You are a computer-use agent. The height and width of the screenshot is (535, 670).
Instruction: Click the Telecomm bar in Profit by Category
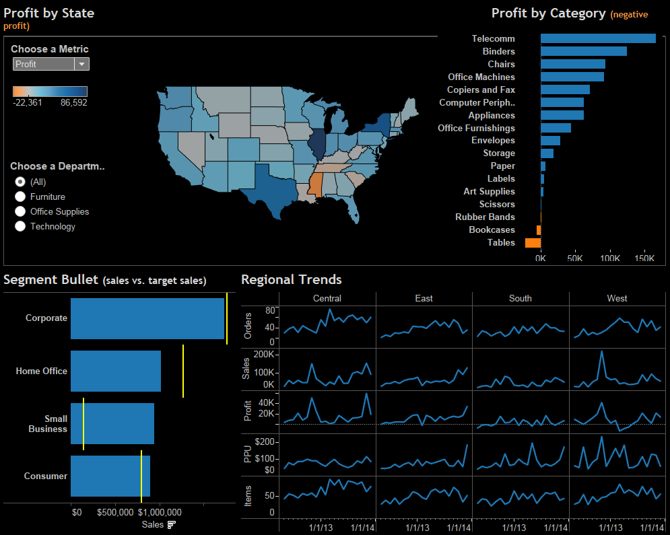(597, 38)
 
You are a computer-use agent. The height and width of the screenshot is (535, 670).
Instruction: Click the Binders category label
(498, 51)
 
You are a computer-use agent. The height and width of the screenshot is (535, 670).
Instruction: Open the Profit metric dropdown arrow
(81, 64)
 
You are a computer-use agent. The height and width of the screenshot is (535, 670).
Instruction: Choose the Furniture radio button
(20, 197)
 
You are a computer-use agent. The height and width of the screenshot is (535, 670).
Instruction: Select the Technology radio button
(20, 226)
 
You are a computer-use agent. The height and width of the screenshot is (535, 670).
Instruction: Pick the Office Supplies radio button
(20, 211)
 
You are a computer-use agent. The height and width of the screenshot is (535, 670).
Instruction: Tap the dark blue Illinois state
(316, 141)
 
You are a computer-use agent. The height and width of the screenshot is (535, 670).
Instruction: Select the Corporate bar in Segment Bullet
(147, 318)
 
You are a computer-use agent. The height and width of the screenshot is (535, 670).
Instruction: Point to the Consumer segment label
(46, 476)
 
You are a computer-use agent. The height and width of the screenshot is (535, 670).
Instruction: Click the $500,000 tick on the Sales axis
(115, 512)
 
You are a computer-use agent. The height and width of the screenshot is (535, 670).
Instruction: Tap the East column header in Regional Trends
(424, 298)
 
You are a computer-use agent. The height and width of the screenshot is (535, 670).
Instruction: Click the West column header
(617, 298)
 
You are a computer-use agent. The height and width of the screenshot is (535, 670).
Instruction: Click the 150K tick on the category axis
(644, 258)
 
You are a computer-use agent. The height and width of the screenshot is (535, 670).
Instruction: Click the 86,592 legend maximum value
(73, 103)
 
